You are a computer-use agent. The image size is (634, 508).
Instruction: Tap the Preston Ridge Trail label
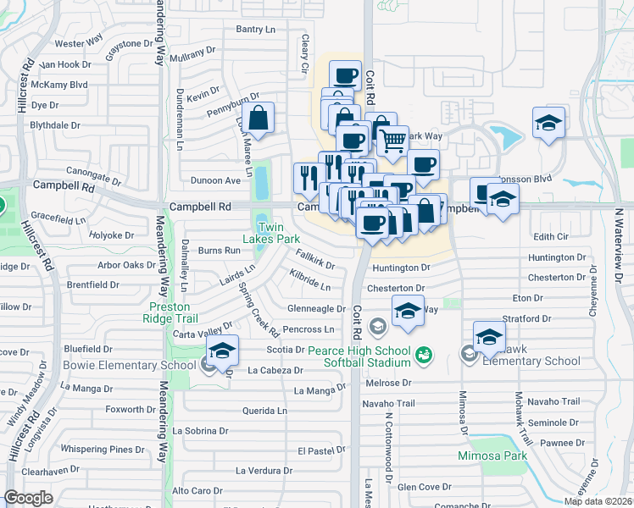(173, 312)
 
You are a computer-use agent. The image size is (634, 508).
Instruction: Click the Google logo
(28, 498)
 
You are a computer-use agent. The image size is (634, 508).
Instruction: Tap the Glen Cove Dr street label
(424, 487)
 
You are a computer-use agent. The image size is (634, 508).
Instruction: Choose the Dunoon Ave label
(215, 180)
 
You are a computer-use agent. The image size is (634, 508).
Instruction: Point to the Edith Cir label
(550, 237)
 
